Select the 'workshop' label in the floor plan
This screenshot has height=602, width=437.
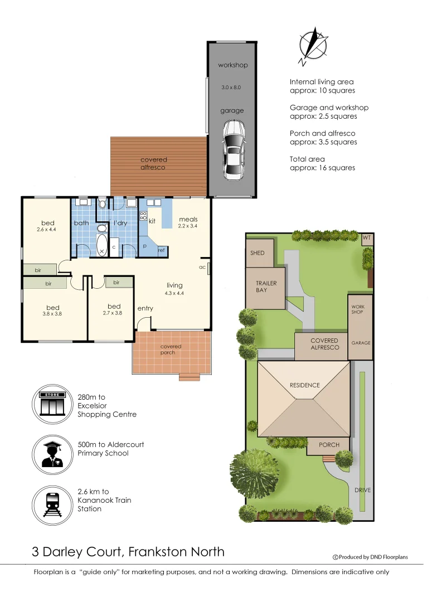[232, 65]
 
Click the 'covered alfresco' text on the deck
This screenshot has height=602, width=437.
[153, 163]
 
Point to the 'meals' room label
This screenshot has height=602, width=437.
[188, 219]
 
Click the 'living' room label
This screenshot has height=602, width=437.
[174, 285]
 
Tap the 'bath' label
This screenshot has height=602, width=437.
[81, 224]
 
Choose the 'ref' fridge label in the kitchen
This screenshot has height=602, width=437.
[162, 250]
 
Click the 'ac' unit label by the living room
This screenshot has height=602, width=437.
[202, 267]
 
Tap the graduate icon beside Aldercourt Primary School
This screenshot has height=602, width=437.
[53, 453]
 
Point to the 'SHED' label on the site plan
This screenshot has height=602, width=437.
[257, 253]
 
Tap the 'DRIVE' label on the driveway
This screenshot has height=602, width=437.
[362, 490]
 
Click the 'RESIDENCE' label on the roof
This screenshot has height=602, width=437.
[304, 385]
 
